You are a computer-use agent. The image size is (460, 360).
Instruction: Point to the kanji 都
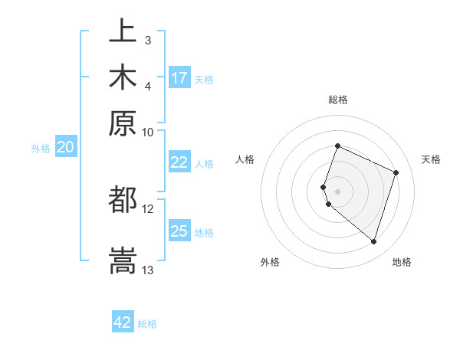click(123, 201)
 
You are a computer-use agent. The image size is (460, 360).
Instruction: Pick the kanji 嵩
click(123, 258)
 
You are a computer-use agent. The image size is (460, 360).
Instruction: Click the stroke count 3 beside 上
click(148, 40)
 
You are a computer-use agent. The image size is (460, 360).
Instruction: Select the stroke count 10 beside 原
click(148, 132)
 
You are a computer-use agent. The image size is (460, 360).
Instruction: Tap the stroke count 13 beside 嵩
click(148, 270)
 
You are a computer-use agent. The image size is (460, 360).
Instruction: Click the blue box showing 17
click(179, 78)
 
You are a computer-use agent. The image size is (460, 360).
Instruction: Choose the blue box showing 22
click(179, 162)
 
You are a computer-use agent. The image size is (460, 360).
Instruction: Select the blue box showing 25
click(179, 231)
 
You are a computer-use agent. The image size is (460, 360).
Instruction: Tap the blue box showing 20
click(65, 148)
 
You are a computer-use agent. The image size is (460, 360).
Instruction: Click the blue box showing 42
click(123, 322)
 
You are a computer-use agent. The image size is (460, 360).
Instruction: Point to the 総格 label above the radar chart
click(337, 100)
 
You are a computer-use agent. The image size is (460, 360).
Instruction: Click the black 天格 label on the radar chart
click(431, 159)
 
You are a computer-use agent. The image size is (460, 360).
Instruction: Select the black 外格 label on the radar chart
click(270, 262)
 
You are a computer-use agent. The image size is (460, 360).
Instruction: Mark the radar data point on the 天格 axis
click(396, 172)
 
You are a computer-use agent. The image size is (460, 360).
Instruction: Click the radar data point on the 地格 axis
click(373, 241)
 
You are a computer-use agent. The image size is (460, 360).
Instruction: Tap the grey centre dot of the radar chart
click(337, 191)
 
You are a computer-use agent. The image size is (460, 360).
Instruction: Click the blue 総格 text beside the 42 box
click(148, 324)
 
